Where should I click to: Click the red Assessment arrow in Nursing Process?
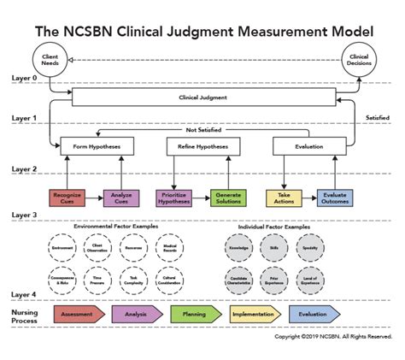pyautogui.click(x=79, y=314)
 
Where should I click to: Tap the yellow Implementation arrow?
pyautogui.click(x=253, y=314)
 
